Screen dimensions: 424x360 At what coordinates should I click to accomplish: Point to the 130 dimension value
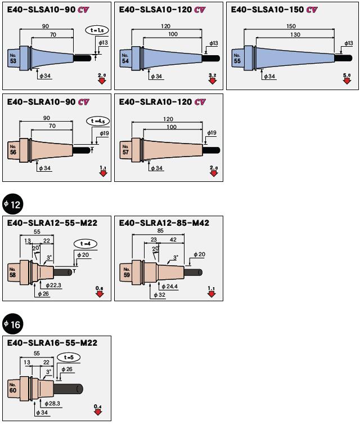[x=295, y=35]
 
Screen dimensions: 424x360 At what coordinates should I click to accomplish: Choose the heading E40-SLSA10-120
[x=155, y=10]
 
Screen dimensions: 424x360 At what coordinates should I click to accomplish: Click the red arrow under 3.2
[x=213, y=81]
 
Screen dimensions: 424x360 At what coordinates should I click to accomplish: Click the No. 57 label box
[x=125, y=150]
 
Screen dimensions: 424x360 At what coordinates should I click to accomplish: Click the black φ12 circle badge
[x=12, y=204]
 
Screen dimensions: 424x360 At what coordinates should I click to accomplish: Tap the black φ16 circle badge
[x=12, y=324]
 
